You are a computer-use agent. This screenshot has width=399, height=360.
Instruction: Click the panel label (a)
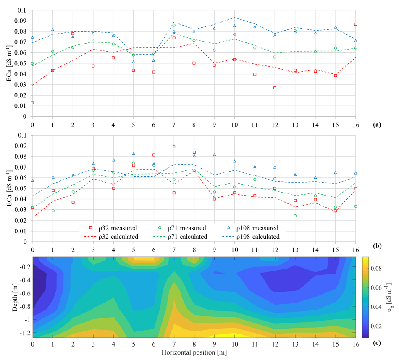[376, 125]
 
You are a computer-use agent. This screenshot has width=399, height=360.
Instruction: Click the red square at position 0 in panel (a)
[32, 103]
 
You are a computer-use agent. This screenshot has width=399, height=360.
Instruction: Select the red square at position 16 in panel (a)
[356, 24]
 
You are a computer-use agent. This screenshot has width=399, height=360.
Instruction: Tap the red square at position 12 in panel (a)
[275, 88]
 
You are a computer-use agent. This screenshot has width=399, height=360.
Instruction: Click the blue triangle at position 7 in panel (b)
[174, 146]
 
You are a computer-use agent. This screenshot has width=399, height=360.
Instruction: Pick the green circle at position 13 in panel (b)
[295, 216]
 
